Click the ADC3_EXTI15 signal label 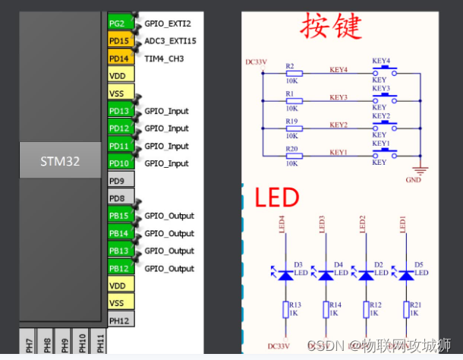pyautogui.click(x=170, y=41)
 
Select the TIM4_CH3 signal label pyautogui.click(x=164, y=58)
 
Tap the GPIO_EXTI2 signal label pyautogui.click(x=168, y=24)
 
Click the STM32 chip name pyautogui.click(x=60, y=162)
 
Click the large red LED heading pyautogui.click(x=277, y=199)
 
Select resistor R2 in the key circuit pyautogui.click(x=292, y=74)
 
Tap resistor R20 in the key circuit pyautogui.click(x=292, y=156)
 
